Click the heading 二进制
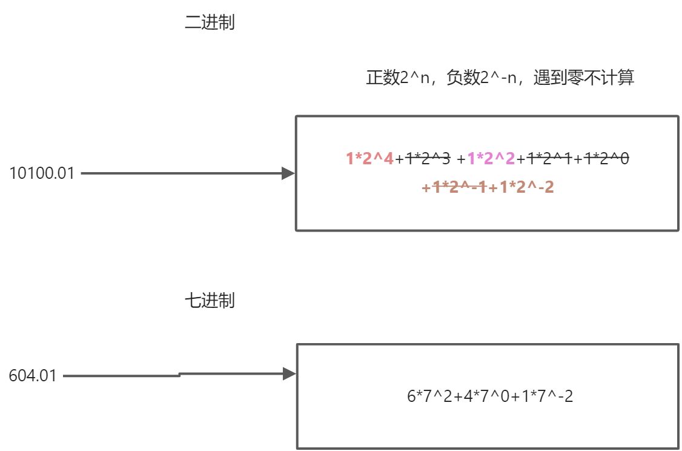(209, 24)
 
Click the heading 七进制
(209, 301)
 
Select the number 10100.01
(42, 174)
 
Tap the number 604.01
(33, 376)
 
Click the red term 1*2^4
(369, 159)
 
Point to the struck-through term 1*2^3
(428, 159)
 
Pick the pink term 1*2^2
(491, 159)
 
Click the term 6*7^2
(426, 397)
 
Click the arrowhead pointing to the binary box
(288, 174)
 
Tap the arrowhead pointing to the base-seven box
(289, 374)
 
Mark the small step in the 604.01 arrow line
(180, 375)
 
